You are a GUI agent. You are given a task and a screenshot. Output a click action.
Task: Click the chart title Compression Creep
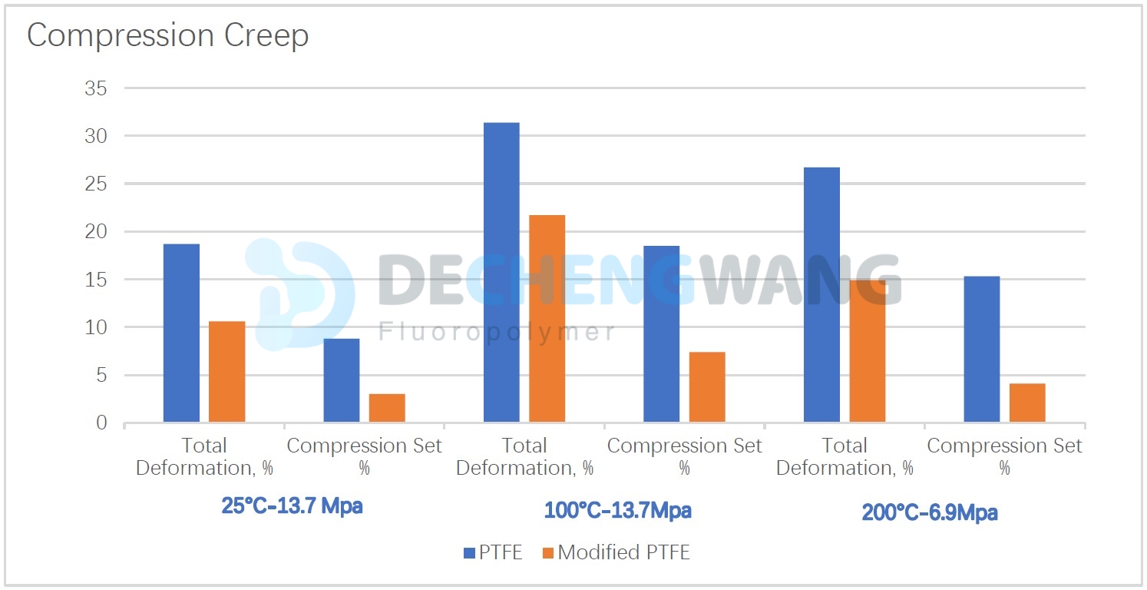(x=167, y=36)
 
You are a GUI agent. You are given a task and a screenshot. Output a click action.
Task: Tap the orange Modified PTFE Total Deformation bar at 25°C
(x=227, y=372)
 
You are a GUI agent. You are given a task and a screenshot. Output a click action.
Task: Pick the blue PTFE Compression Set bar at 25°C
(x=341, y=380)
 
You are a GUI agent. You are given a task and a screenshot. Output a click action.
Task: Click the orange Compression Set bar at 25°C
(x=387, y=408)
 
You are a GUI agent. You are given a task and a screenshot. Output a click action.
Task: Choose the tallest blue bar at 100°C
(x=501, y=273)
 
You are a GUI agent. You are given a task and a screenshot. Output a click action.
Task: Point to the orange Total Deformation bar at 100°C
(x=547, y=319)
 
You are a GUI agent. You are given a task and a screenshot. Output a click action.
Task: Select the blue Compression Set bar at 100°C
(x=661, y=334)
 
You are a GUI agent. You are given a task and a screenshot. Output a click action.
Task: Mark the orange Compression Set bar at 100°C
(x=707, y=387)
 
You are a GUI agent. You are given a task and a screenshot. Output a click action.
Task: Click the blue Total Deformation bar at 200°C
(x=821, y=295)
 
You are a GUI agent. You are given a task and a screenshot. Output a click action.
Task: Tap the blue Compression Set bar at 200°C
(x=981, y=350)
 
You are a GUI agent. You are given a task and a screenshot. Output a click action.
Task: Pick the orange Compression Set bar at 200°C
(x=1027, y=403)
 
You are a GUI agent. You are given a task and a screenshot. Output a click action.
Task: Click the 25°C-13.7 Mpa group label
(x=292, y=507)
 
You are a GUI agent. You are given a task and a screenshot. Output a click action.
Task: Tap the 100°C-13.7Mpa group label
(x=617, y=510)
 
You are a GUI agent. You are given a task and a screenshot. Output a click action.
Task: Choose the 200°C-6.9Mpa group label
(x=929, y=513)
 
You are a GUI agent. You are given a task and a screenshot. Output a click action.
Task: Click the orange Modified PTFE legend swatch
(x=548, y=552)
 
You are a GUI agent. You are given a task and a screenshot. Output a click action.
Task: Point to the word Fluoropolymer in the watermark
(x=497, y=332)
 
